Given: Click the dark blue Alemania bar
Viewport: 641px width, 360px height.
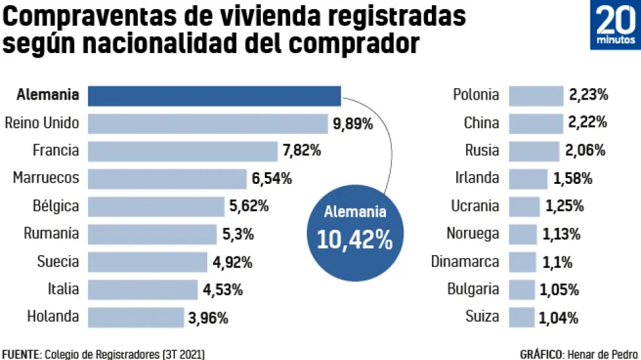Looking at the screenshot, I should [x=214, y=96].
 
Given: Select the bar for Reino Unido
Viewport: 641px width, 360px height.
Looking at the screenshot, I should [x=207, y=124].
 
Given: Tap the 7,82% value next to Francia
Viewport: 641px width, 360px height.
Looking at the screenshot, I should [x=302, y=151].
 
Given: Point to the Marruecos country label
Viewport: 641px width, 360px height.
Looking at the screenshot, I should [x=46, y=178].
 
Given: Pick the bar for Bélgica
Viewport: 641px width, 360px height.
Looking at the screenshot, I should [x=155, y=207].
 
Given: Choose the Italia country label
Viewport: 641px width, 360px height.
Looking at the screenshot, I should [x=63, y=289].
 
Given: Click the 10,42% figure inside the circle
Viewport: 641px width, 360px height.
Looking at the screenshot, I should [x=354, y=240].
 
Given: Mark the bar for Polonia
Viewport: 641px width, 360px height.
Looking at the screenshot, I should [x=535, y=96].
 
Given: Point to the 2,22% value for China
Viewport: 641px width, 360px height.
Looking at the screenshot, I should [x=588, y=123].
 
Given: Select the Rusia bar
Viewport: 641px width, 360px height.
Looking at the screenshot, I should [x=534, y=151].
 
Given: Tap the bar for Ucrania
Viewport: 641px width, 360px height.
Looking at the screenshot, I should [x=524, y=207].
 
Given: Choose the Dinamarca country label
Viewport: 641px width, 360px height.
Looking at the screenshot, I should [x=465, y=262].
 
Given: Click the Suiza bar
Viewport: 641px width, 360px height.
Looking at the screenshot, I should [x=521, y=317].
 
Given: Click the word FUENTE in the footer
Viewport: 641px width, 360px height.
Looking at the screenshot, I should [x=20, y=354].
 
